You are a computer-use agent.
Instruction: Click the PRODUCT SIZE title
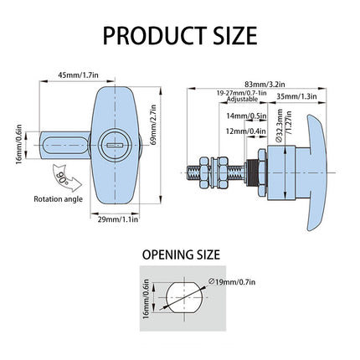pyautogui.click(x=180, y=35)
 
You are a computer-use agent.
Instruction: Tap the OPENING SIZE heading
pyautogui.click(x=181, y=255)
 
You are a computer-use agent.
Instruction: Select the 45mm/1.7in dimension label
pyautogui.click(x=78, y=75)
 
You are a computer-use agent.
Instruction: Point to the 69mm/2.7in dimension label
pyautogui.click(x=153, y=125)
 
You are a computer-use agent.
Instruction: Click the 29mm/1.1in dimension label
pyautogui.click(x=118, y=219)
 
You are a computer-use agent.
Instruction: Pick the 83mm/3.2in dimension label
pyautogui.click(x=265, y=84)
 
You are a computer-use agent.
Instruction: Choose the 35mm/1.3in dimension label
pyautogui.click(x=296, y=96)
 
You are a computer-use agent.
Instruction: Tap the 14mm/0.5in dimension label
pyautogui.click(x=246, y=116)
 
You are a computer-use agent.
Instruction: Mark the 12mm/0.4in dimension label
pyautogui.click(x=246, y=131)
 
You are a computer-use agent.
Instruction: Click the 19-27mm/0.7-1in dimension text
pyautogui.click(x=242, y=93)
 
